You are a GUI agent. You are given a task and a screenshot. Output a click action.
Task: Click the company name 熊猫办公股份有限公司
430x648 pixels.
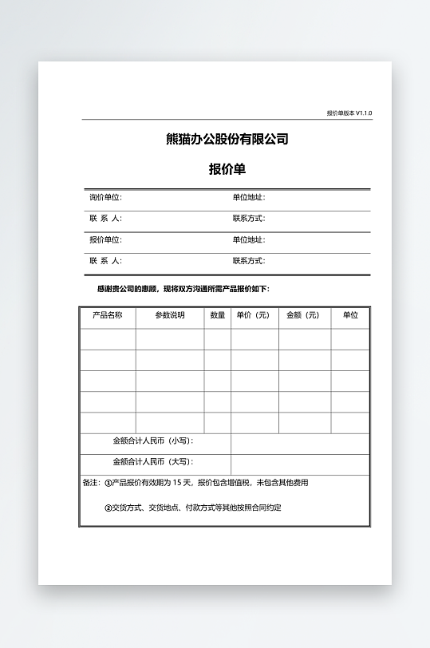point(227,139)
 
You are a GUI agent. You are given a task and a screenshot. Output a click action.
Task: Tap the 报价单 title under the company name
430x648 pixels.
point(227,169)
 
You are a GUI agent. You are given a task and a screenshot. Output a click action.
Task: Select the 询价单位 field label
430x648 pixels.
point(105,197)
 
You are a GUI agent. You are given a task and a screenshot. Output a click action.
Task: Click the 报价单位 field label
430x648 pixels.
point(105,239)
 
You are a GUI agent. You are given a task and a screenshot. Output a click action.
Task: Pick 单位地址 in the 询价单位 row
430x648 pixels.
point(248,197)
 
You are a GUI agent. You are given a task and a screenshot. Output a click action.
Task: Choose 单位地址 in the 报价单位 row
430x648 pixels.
point(248,239)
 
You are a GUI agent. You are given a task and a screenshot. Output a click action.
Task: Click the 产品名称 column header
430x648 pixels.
point(108,315)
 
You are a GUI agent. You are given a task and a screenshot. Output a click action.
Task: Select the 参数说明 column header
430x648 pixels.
point(169,315)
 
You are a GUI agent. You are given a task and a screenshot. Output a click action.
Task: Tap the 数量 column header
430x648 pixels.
point(217,315)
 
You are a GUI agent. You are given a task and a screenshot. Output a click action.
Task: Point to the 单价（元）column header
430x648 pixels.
point(254,315)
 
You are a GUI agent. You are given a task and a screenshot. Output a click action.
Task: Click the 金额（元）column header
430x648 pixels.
point(303,315)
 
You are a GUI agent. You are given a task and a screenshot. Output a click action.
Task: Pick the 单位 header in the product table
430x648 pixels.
point(350,315)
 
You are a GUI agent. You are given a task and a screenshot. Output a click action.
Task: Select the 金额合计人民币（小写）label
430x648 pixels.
point(153,441)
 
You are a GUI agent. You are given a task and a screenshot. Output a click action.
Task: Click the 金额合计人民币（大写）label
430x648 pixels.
point(153,461)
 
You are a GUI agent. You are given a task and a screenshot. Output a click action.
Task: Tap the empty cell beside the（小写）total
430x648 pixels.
point(300,444)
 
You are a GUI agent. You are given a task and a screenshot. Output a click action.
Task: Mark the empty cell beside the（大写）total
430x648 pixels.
point(300,464)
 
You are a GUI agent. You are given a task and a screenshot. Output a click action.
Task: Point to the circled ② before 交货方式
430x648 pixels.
point(108,508)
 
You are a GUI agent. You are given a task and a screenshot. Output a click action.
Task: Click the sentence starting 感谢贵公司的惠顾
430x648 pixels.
point(188,289)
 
